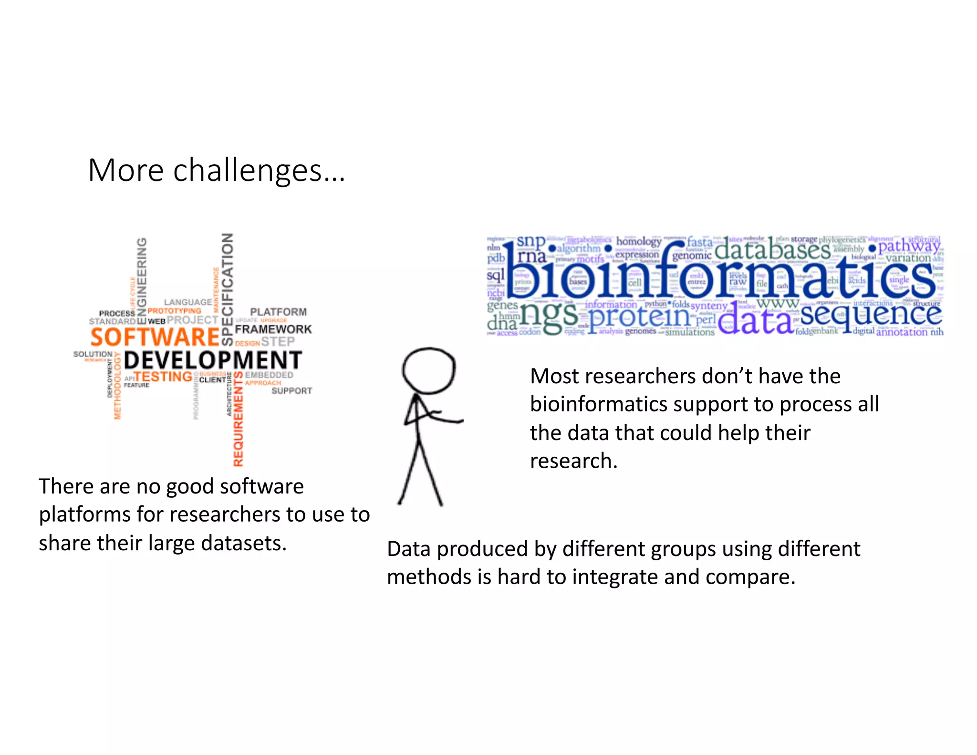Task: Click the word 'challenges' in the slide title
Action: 247,171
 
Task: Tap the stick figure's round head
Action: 428,370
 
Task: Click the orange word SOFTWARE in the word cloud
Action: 155,337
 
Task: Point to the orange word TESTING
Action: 163,377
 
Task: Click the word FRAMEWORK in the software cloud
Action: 273,329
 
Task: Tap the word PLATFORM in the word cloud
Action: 278,312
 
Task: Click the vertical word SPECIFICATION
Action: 228,289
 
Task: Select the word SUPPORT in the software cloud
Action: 291,391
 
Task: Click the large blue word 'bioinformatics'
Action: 720,274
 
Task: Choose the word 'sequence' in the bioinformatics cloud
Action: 871,315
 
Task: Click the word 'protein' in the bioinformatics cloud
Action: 639,317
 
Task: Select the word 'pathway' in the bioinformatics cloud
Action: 909,246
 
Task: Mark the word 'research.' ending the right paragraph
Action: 573,461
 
